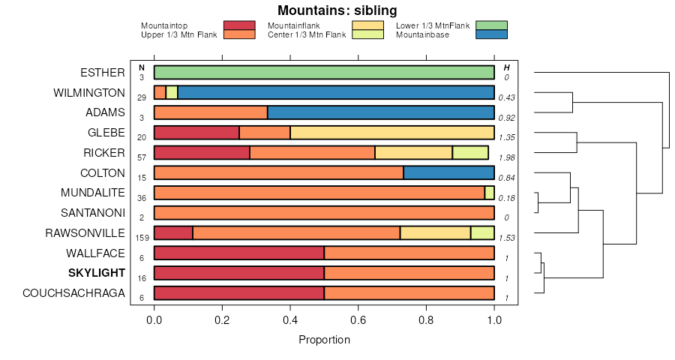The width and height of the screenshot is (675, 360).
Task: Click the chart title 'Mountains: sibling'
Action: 337,10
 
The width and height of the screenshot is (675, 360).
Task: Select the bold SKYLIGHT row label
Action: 96,272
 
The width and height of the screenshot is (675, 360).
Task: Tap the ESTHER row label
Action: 102,73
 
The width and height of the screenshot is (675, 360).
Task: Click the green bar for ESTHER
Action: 324,73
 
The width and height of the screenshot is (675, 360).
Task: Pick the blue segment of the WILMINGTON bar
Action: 335,92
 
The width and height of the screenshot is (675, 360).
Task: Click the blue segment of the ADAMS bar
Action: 380,112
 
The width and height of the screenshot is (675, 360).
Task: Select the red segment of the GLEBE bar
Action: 196,133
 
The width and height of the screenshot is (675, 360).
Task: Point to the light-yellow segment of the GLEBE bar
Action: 392,133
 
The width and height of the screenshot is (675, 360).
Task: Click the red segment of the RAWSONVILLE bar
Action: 173,232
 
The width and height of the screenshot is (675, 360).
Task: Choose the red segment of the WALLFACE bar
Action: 238,253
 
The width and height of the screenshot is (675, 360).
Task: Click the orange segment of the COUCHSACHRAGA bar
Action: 409,292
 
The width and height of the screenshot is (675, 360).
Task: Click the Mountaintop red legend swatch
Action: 239,25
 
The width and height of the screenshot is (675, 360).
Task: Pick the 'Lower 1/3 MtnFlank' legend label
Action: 432,25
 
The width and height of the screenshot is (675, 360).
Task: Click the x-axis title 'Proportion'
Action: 324,340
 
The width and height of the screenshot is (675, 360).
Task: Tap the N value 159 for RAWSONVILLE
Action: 141,238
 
